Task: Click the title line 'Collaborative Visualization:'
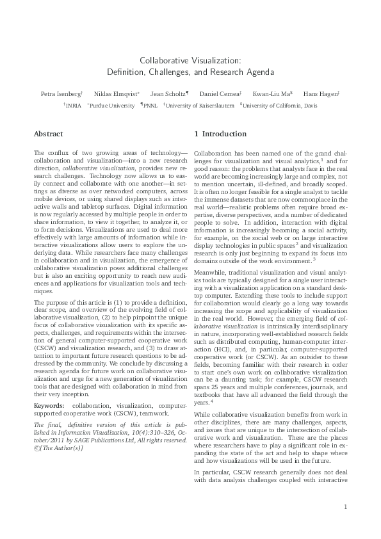(x=190, y=60)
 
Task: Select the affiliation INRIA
(x=74, y=105)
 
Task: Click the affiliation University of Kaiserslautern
(x=200, y=105)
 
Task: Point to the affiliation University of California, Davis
(x=279, y=105)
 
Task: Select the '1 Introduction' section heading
(x=220, y=134)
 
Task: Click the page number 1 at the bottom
(x=345, y=508)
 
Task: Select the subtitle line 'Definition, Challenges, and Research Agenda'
(x=190, y=71)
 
